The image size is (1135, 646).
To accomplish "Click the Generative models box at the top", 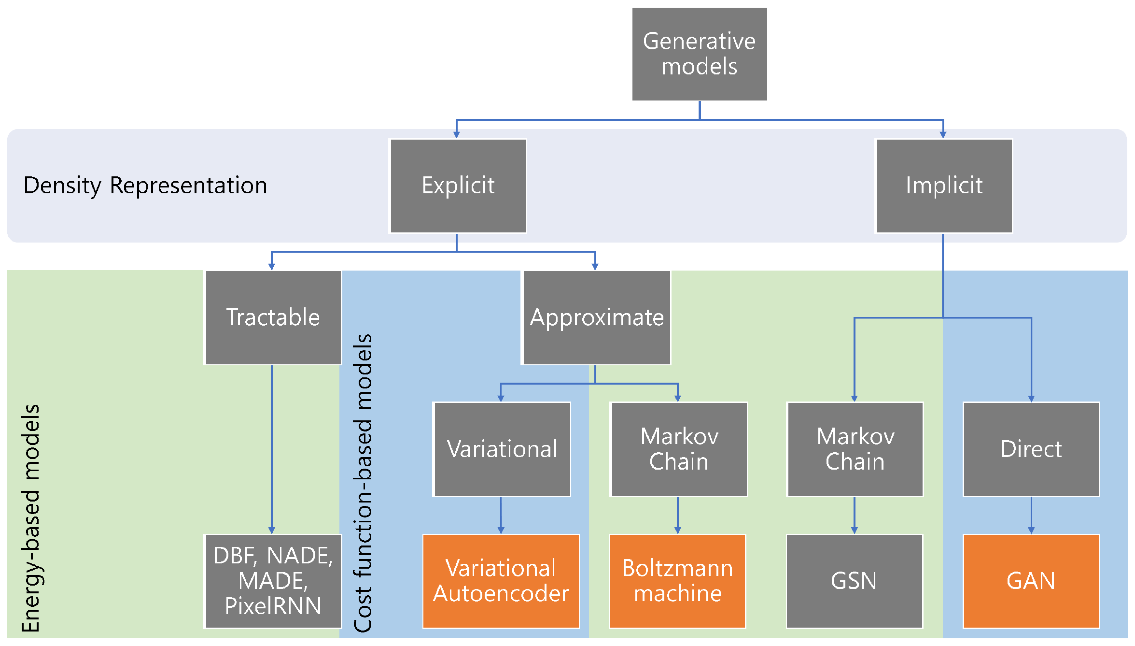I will (x=699, y=54).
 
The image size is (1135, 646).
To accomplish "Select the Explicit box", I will (x=458, y=186).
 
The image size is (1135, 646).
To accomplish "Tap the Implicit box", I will (x=944, y=186).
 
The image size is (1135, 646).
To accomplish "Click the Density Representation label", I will (x=145, y=186).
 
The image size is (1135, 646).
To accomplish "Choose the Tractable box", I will (x=273, y=317).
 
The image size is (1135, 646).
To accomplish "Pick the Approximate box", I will (x=597, y=317).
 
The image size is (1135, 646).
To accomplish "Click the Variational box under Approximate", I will (x=502, y=449).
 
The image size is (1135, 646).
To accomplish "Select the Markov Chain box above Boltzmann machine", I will (x=679, y=449).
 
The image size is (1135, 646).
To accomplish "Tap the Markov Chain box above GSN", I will (x=855, y=449).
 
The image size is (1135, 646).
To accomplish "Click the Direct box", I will (x=1031, y=449).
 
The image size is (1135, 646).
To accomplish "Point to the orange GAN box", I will (x=1031, y=581).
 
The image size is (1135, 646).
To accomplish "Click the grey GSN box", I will (x=855, y=581).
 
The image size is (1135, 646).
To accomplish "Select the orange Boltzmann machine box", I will (x=678, y=581).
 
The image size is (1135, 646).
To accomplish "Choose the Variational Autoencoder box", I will (x=501, y=581).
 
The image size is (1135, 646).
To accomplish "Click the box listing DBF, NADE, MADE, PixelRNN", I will (x=273, y=581).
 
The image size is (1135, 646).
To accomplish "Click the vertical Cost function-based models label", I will (x=363, y=483).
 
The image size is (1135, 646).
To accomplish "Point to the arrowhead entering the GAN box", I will (x=1031, y=531).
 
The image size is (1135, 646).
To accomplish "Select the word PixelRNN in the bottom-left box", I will (x=273, y=606).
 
